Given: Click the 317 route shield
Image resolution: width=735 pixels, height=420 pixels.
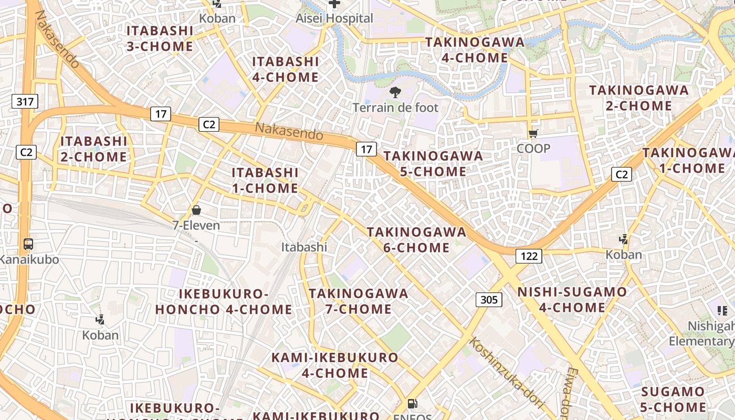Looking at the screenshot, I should (x=25, y=101).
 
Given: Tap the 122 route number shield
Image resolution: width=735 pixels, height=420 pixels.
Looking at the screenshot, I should (x=529, y=256).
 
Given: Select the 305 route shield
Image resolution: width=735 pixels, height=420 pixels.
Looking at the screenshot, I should (x=489, y=300).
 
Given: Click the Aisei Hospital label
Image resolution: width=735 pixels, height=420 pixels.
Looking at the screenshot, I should (x=334, y=18).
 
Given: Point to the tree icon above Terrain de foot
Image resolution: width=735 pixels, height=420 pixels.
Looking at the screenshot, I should (x=395, y=93).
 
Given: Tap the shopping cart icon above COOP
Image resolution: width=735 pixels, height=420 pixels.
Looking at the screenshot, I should (x=533, y=134).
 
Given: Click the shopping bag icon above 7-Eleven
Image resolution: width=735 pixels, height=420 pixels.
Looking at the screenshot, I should (x=196, y=211).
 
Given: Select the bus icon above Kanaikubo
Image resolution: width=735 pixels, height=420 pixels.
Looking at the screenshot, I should (x=28, y=244).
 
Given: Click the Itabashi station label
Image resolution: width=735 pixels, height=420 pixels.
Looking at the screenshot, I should (x=304, y=247).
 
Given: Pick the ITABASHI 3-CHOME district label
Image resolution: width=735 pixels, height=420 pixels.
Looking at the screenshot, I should (x=160, y=38).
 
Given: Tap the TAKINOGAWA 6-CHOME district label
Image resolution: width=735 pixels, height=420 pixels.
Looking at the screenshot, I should (x=416, y=239).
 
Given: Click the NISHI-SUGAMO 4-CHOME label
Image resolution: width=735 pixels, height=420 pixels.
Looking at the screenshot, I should (x=572, y=299).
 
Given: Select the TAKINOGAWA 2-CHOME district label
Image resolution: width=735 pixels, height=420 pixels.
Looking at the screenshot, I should (x=638, y=98).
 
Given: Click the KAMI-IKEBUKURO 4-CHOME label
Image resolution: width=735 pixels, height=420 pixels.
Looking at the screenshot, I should (x=335, y=365).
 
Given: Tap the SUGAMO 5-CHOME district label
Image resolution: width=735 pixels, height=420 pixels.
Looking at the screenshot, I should (x=674, y=399).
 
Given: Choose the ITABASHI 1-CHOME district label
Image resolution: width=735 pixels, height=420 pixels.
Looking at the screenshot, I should (x=265, y=180).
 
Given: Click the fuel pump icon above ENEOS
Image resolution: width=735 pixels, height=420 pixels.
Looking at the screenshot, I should (x=413, y=404).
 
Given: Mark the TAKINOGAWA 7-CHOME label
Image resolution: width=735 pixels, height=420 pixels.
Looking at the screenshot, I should (x=359, y=301).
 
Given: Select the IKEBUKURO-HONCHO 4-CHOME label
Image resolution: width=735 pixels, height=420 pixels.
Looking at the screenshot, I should (x=224, y=301).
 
